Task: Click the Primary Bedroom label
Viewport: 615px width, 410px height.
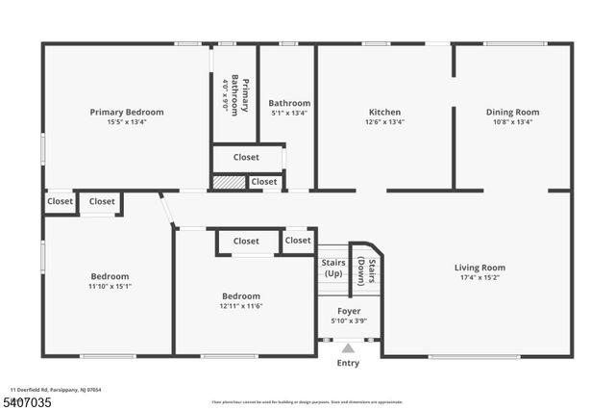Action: [x=127, y=112]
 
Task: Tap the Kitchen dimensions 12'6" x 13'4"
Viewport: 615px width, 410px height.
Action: [x=384, y=122]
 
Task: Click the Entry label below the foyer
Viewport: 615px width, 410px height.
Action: [x=347, y=363]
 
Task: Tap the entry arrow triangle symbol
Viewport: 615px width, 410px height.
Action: [x=348, y=347]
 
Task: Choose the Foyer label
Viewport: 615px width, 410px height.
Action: [x=348, y=310]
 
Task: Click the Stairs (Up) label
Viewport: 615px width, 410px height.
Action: [x=332, y=269]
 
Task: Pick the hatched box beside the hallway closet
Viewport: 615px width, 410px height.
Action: [x=228, y=181]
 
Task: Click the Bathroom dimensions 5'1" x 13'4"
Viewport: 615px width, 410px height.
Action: [x=289, y=114]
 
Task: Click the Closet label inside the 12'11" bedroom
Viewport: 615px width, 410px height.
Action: [x=246, y=242]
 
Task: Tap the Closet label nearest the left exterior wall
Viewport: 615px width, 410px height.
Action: [x=61, y=202]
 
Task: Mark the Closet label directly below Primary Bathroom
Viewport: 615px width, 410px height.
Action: [x=246, y=157]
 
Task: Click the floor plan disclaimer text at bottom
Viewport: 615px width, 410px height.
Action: [x=307, y=401]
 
